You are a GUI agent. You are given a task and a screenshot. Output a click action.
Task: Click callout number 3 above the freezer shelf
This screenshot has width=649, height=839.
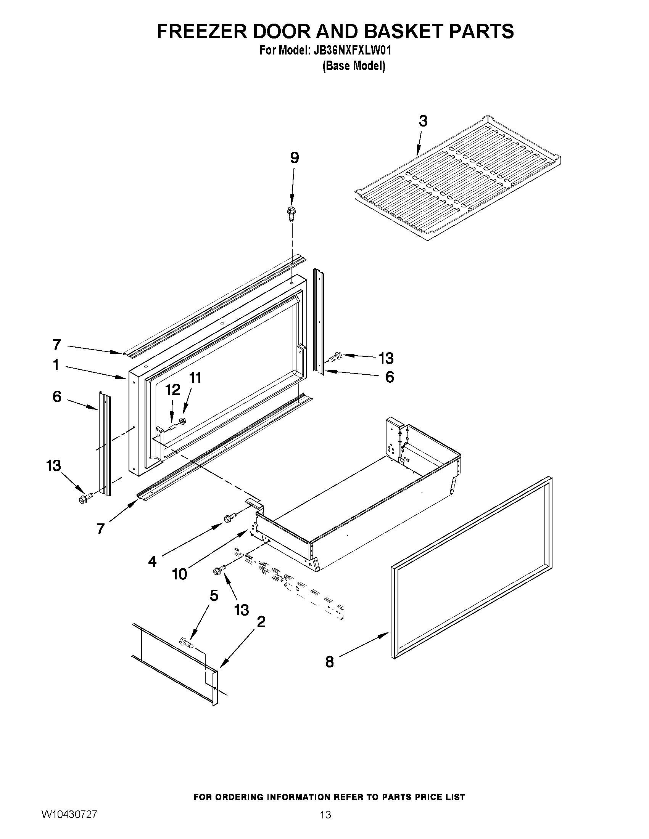422,121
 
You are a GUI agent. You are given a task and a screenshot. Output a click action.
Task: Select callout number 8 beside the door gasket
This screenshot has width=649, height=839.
330,661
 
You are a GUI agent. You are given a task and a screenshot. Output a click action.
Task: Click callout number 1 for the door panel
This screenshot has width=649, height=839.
56,364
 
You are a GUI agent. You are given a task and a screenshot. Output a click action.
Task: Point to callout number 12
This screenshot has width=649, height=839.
172,390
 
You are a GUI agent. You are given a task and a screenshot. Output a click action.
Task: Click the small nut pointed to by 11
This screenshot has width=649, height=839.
183,421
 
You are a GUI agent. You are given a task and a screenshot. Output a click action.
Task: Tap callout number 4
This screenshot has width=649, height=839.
152,561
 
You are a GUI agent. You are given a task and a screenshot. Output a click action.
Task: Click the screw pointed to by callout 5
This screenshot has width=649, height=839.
186,641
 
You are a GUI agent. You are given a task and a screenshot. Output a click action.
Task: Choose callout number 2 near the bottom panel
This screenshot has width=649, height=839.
261,622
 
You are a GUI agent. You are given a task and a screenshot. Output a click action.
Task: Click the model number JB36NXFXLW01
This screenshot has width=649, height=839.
350,50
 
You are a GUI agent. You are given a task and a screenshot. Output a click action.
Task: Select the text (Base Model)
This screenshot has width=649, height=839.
353,66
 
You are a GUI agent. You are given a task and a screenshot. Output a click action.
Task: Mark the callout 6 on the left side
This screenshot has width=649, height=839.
57,396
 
